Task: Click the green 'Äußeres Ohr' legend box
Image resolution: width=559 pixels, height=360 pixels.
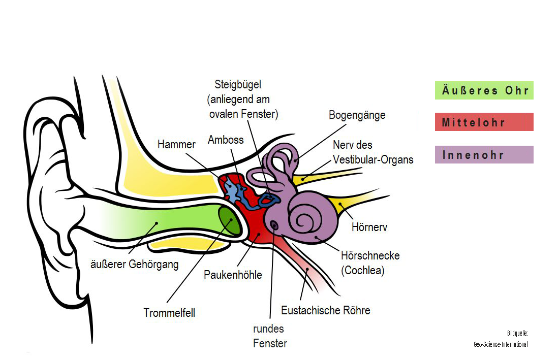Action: click(484, 90)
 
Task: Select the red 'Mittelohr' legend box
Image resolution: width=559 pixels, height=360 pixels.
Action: click(484, 122)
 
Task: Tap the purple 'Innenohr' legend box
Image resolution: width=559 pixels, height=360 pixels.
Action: click(484, 155)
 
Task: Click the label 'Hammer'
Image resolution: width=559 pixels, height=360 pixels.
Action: click(176, 144)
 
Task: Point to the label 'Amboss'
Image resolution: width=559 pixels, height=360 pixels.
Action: click(226, 140)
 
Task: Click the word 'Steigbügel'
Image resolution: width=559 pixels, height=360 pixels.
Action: click(238, 85)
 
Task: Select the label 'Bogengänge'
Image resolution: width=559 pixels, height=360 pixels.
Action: click(357, 115)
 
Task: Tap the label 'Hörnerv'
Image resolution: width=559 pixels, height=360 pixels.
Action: click(369, 227)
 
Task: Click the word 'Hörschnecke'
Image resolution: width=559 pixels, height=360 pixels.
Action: click(370, 255)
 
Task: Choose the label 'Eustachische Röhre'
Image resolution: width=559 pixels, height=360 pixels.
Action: click(326, 310)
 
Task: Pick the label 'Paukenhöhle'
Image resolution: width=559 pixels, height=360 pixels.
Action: click(233, 275)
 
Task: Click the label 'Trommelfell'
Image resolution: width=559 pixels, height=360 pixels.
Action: click(169, 313)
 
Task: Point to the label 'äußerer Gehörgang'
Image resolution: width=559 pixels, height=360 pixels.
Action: click(135, 264)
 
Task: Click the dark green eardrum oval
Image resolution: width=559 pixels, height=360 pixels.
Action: click(230, 221)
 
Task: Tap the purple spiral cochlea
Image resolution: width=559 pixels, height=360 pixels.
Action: click(307, 218)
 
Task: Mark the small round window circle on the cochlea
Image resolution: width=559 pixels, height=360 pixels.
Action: click(273, 224)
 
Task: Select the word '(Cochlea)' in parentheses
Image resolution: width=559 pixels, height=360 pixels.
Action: click(363, 270)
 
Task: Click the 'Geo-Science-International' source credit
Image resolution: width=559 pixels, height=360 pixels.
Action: click(500, 344)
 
